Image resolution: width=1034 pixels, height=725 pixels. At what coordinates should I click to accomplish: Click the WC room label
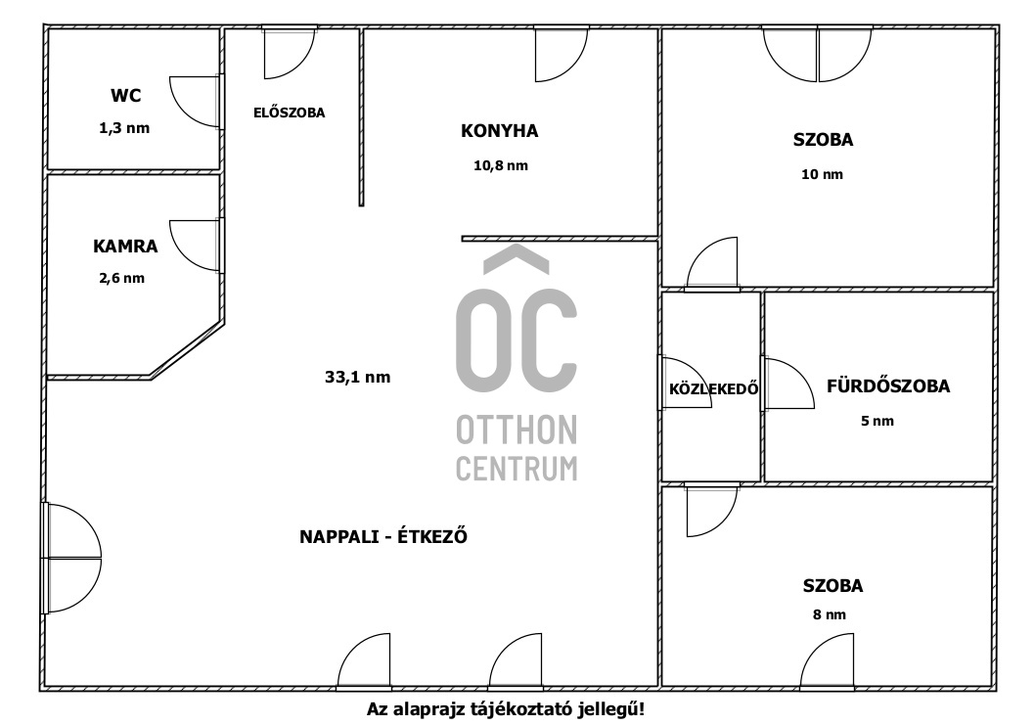coord(125,96)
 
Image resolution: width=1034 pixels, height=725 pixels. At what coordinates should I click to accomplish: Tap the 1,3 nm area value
coord(124,128)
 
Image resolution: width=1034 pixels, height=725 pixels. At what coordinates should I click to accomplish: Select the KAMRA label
coord(125,247)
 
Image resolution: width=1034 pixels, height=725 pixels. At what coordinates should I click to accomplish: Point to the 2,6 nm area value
coord(121,278)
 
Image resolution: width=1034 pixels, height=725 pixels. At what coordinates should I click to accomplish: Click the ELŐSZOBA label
coord(289,113)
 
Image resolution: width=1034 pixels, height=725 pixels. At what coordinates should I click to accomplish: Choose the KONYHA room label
coord(499,131)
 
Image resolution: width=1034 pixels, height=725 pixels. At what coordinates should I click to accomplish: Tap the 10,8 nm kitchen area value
coord(501,165)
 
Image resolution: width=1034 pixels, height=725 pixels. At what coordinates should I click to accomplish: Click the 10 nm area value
coord(822,174)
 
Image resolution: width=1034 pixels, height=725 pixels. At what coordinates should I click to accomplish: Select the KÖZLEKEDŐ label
coord(713,388)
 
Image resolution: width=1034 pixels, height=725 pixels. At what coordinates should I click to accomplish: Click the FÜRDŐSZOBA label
coord(888,385)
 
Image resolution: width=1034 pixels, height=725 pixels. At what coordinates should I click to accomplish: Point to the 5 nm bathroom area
coord(877,421)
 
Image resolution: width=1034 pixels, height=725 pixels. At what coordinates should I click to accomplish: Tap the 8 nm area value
coord(829,614)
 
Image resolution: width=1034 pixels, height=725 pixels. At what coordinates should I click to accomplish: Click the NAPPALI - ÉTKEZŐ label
coord(383,536)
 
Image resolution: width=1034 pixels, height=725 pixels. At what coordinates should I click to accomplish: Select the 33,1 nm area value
coord(357,378)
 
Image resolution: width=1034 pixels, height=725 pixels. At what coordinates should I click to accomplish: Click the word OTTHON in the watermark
coord(517,430)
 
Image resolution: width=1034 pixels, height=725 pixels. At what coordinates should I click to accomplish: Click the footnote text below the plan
coord(505,709)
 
